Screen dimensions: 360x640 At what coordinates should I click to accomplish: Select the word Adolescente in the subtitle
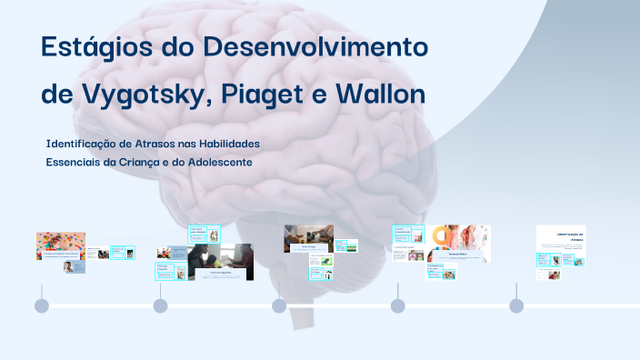click(x=218, y=162)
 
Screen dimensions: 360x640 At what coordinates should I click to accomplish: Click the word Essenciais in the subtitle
click(x=74, y=162)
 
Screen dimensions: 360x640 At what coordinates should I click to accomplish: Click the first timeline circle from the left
click(x=41, y=305)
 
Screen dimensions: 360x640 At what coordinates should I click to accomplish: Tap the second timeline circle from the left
click(x=160, y=305)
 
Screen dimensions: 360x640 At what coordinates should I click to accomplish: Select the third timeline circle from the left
click(x=279, y=305)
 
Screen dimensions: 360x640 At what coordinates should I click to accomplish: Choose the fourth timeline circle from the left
click(x=398, y=305)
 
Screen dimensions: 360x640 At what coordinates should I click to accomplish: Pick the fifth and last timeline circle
click(x=516, y=305)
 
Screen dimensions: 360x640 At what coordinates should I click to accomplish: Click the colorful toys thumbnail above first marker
click(x=60, y=244)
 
